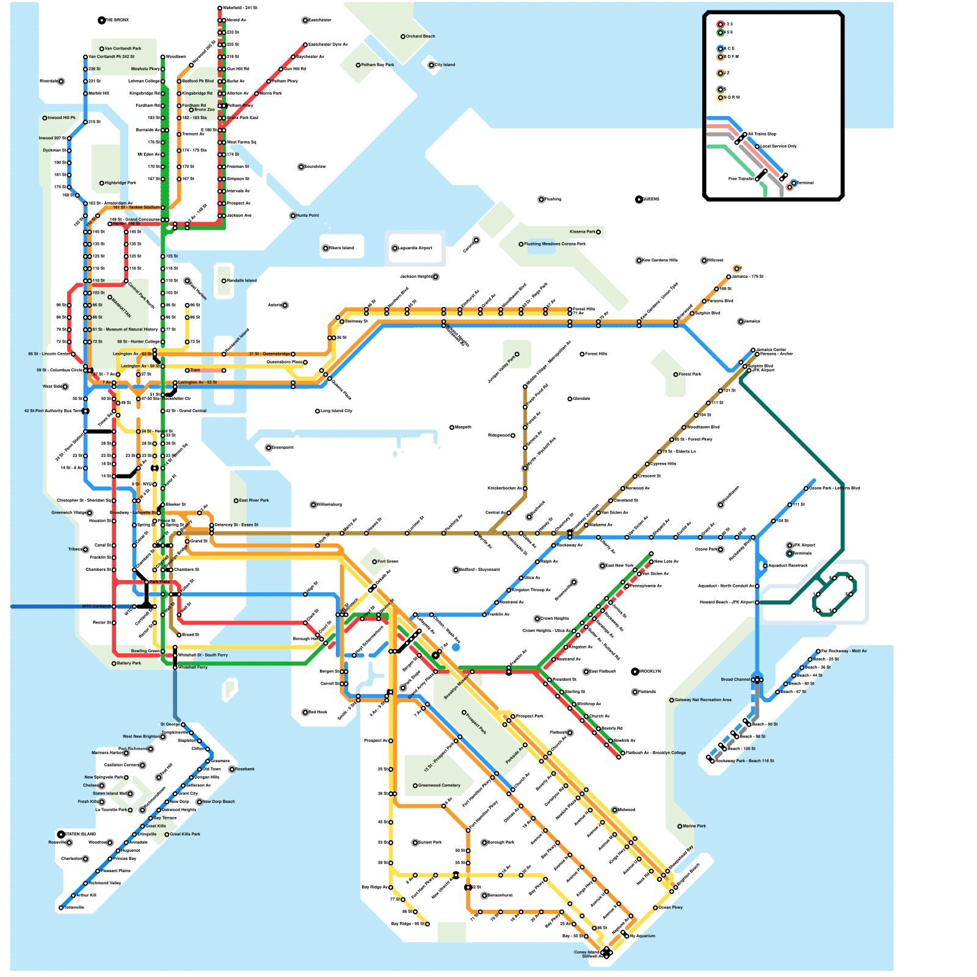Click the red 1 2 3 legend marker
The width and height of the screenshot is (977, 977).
(x=721, y=24)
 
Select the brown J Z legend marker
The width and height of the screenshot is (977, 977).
(x=721, y=73)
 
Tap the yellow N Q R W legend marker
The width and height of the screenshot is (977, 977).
(x=721, y=98)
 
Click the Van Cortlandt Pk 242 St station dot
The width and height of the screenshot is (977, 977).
(x=85, y=57)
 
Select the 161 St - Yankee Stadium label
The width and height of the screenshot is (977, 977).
(x=136, y=208)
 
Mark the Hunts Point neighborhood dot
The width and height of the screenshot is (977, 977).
(x=293, y=216)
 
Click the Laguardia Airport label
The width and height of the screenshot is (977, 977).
(x=415, y=248)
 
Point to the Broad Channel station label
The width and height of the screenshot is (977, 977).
(x=735, y=680)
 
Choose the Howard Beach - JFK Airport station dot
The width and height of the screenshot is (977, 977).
(x=757, y=603)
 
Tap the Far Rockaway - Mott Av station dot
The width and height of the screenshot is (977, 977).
(x=818, y=652)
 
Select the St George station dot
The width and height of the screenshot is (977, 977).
(x=183, y=725)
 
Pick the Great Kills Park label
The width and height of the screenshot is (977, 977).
(x=186, y=834)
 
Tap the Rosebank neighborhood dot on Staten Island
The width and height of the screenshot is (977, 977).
(x=232, y=769)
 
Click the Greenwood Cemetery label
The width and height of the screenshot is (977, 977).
(x=440, y=786)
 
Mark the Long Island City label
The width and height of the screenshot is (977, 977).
(x=336, y=411)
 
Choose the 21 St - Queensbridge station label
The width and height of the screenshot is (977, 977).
(x=269, y=354)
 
